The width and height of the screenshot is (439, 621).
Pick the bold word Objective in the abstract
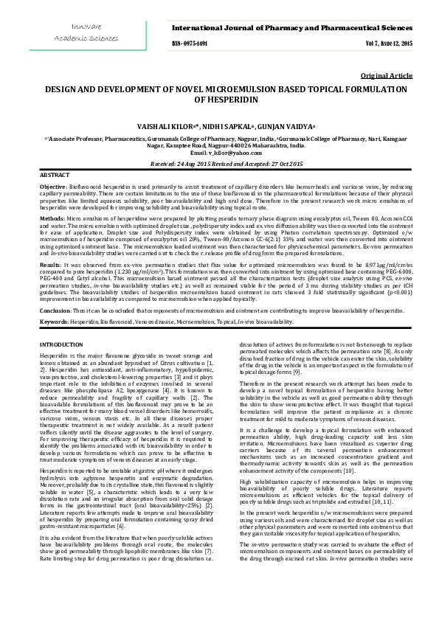[x=52, y=189]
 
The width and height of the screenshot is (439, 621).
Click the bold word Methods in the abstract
[x=51, y=219]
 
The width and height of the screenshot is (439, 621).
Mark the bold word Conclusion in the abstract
[x=55, y=311]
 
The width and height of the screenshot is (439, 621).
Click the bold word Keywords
[x=53, y=323]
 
